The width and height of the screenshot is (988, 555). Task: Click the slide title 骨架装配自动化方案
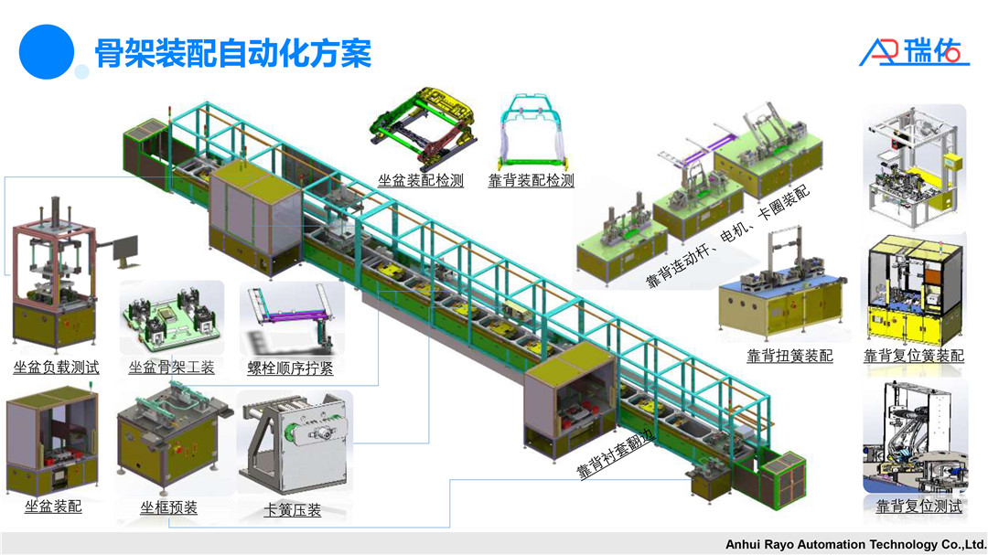(x=234, y=54)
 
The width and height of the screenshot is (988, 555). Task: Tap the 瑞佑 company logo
(x=915, y=52)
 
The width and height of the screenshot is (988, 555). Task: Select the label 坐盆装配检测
(x=421, y=180)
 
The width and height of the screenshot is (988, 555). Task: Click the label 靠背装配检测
(x=531, y=180)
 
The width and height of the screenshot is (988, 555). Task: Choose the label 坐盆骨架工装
(x=172, y=368)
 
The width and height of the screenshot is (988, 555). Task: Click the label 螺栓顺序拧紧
(x=290, y=368)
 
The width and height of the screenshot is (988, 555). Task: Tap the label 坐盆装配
(x=53, y=506)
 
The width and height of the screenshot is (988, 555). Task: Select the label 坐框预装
(x=168, y=507)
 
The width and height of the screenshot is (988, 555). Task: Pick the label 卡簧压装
(x=292, y=510)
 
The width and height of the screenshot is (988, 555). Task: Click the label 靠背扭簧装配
(x=789, y=356)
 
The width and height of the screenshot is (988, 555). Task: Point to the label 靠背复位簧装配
(x=914, y=356)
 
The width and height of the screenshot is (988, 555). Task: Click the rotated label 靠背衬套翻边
(x=615, y=454)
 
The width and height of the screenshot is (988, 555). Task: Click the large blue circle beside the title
(x=46, y=51)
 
